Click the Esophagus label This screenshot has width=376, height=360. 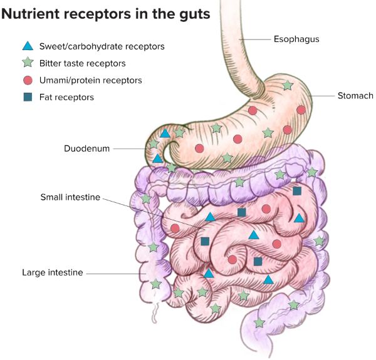[296, 39]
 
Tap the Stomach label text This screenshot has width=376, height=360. [355, 96]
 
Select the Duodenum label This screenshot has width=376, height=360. [87, 148]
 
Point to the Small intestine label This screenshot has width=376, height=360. [70, 197]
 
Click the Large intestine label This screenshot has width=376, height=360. [52, 272]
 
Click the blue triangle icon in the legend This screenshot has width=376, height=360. [28, 46]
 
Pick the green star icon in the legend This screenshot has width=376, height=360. [28, 63]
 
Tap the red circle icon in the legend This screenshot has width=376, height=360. [28, 80]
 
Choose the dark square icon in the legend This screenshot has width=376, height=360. [28, 97]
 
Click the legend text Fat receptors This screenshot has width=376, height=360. [66, 97]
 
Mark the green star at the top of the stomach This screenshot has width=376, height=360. [287, 85]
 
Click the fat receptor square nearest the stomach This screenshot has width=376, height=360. [297, 190]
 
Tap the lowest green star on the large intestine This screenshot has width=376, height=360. [259, 322]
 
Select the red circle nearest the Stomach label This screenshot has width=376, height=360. [301, 110]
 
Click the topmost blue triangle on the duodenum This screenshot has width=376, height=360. [165, 133]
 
